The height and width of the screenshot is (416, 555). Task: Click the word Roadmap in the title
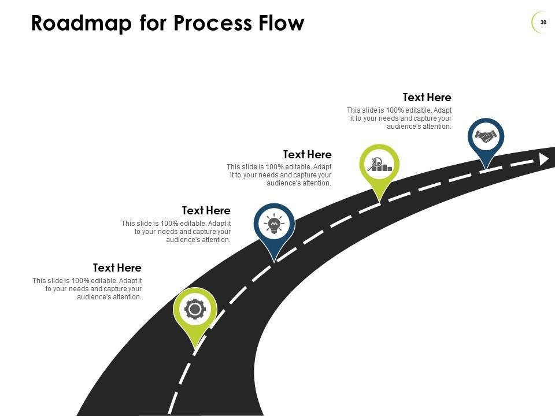(x=81, y=23)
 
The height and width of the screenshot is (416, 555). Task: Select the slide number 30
(x=543, y=22)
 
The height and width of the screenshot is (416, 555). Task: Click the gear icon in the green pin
(x=195, y=310)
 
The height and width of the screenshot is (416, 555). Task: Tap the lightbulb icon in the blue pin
(x=274, y=224)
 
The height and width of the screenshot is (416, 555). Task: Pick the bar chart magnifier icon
(x=380, y=165)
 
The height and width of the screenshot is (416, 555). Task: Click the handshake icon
(x=486, y=137)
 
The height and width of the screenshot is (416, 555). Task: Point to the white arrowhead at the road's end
(x=543, y=159)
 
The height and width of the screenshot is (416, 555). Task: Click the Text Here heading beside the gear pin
(x=117, y=268)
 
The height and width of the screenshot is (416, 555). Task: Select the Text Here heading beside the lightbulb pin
(x=206, y=211)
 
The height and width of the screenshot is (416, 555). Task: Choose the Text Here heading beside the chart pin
(x=307, y=155)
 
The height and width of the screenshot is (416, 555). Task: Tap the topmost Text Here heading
(x=427, y=98)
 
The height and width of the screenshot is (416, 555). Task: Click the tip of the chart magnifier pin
(x=380, y=202)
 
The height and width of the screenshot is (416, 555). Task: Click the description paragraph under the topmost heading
(x=399, y=118)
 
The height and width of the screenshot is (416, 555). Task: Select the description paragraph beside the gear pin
(x=87, y=289)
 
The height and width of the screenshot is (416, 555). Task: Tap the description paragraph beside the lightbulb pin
(x=176, y=232)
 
